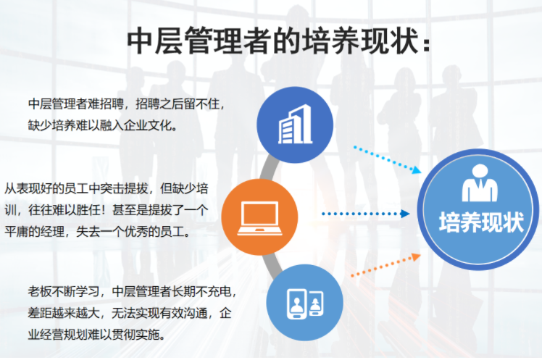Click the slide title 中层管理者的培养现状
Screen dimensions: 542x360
pyautogui.click(x=278, y=41)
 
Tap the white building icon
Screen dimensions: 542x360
pyautogui.click(x=295, y=124)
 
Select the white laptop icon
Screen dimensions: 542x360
pyautogui.click(x=259, y=218)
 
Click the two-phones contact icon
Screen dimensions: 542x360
pyautogui.click(x=305, y=304)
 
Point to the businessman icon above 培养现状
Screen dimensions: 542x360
pyautogui.click(x=480, y=183)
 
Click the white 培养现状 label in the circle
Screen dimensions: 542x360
pyautogui.click(x=481, y=222)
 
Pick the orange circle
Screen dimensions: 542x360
pyautogui.click(x=259, y=217)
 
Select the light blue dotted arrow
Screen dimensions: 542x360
pyautogui.click(x=387, y=159)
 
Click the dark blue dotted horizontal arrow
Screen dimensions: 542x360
pyautogui.click(x=366, y=214)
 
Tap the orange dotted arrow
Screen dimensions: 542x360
pyautogui.click(x=385, y=265)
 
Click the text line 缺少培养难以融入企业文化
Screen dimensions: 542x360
pyautogui.click(x=103, y=125)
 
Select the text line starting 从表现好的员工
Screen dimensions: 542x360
pyautogui.click(x=107, y=188)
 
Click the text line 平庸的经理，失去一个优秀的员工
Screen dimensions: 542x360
pyautogui.click(x=98, y=231)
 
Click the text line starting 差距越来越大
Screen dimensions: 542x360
pyautogui.click(x=130, y=313)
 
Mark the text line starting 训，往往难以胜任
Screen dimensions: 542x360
pyautogui.click(x=107, y=210)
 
